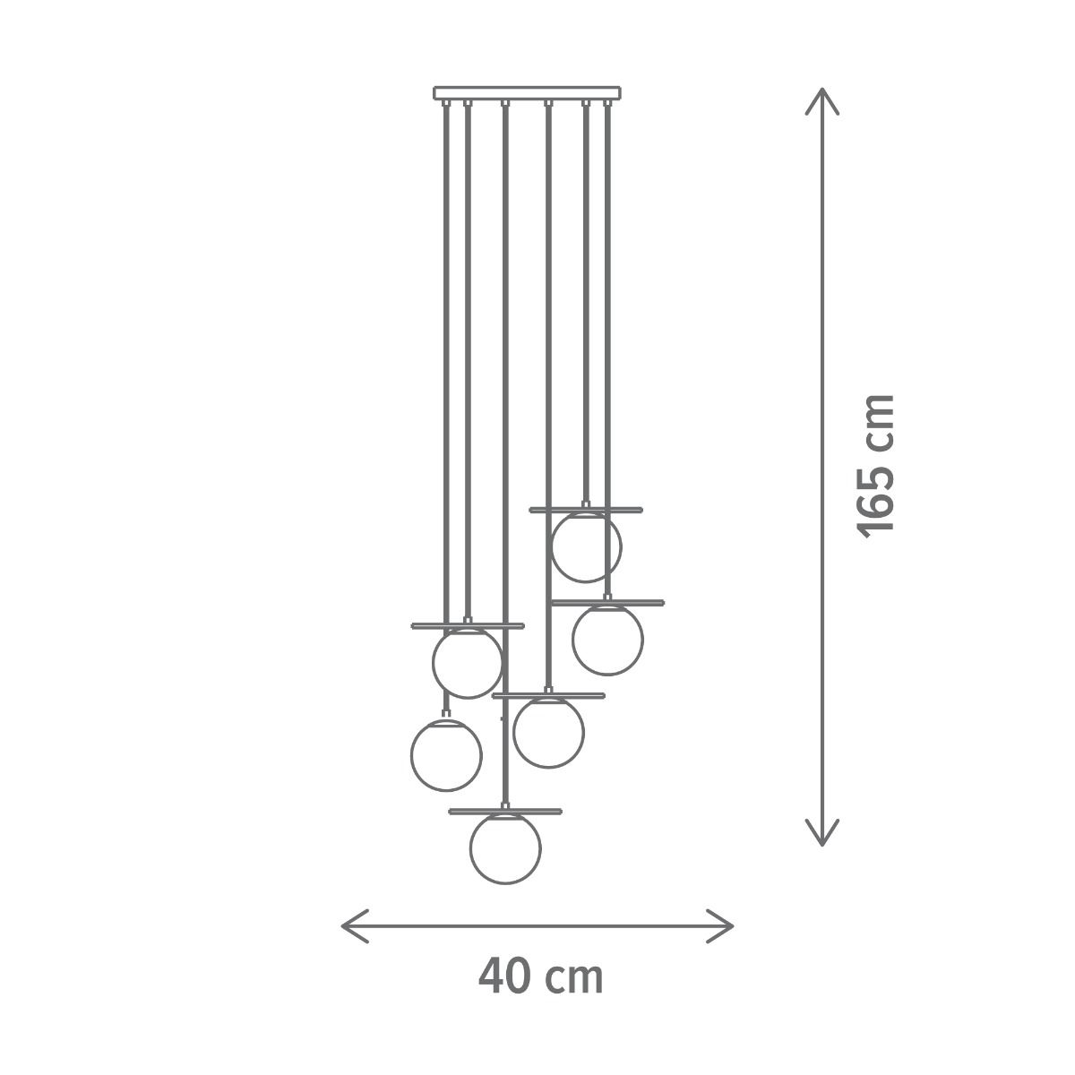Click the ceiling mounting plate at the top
click(527, 92)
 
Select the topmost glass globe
click(586, 513)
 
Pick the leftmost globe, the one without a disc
click(446, 720)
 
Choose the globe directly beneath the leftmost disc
click(468, 629)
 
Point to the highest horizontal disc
click(586, 510)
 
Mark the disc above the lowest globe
click(505, 811)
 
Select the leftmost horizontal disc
click(468, 625)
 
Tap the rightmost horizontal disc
click(607, 603)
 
